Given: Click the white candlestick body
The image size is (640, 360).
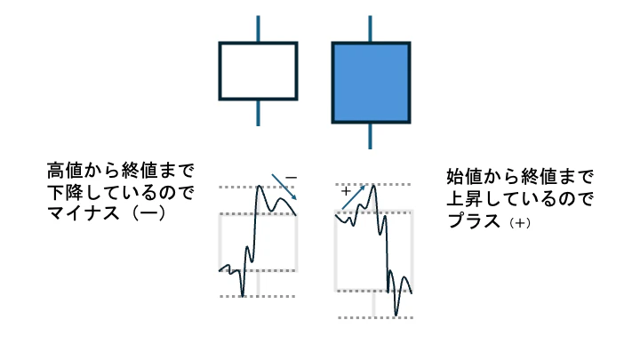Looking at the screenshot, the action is point(258,70).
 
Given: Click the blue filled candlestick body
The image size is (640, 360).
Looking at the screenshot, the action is point(371,82).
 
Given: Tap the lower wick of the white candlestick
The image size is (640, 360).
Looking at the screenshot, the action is point(258,112).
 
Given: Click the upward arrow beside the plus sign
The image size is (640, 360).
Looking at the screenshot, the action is point(354,197).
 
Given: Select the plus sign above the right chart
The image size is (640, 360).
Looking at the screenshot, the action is point(346,191).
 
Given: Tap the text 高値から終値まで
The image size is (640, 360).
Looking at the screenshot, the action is point(120,170).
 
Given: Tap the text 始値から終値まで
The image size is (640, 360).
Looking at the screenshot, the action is point(519,175).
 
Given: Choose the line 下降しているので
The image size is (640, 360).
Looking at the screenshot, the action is point(120,192).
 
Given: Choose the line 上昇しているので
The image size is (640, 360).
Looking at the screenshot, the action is point(519,197).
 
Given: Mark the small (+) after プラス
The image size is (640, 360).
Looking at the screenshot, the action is point(520,221).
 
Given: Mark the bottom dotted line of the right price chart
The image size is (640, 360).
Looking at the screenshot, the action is point(373,317).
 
